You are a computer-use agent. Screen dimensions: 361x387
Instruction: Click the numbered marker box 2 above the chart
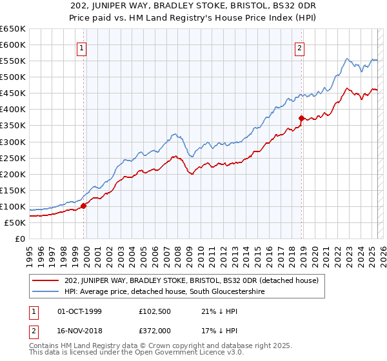point(301,47)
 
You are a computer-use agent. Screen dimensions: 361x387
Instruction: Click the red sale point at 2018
point(301,118)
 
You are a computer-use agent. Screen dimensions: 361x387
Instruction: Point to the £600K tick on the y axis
point(13,44)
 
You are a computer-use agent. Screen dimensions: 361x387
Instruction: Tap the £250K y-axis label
point(13,158)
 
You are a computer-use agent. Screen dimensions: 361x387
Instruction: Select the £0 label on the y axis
point(19,239)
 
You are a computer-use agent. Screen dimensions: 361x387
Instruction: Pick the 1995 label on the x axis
point(30,253)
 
